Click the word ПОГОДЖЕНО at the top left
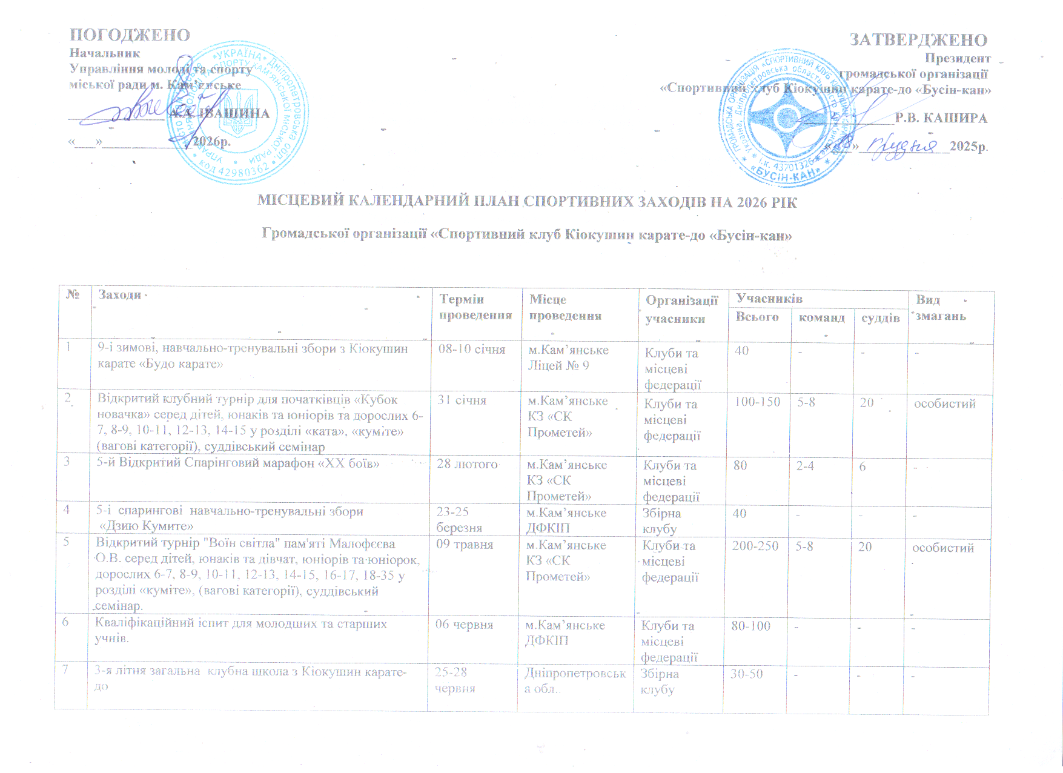pos(130,35)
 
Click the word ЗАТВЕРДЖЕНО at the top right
pos(918,40)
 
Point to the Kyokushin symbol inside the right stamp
pos(787,118)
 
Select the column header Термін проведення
pos(475,307)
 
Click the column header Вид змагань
pos(940,308)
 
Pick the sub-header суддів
pos(879,317)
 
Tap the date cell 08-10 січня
pos(471,350)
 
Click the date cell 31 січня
pos(462,400)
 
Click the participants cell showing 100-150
pos(757,402)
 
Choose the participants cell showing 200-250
pos(755,546)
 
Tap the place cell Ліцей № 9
pos(558,365)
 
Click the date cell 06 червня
pos(464,625)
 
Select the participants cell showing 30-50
pos(746,674)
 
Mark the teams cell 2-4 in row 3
pos(805,466)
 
